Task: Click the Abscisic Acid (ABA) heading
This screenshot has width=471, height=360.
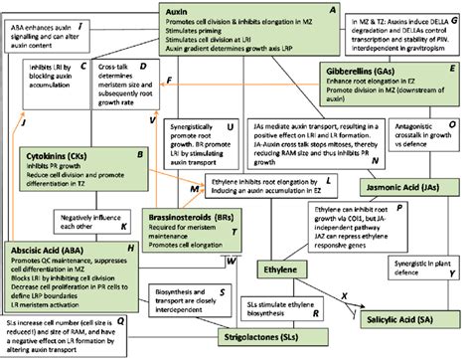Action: click(x=51, y=252)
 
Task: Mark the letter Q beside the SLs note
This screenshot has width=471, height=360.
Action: click(x=120, y=320)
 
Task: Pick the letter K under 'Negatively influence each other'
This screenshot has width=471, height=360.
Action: click(x=124, y=226)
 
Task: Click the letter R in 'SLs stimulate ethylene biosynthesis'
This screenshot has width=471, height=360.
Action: click(x=314, y=313)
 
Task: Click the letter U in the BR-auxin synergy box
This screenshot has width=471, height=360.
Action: click(x=231, y=128)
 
